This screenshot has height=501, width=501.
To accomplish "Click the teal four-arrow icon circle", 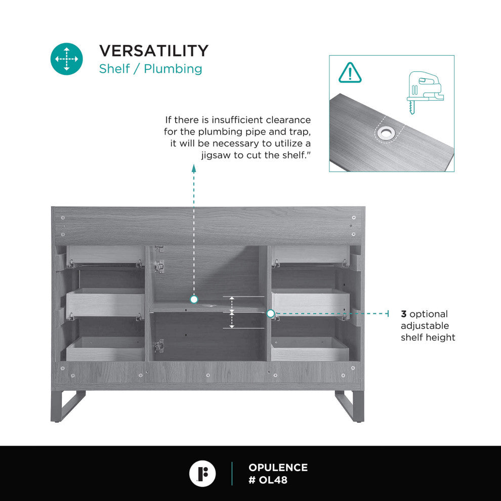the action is click(66, 59).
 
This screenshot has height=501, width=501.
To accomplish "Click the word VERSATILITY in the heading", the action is click(154, 51).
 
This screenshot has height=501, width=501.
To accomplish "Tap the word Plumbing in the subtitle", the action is click(173, 69).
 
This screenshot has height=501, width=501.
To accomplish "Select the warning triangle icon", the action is click(350, 73).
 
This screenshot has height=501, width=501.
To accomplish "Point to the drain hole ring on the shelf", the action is click(386, 133).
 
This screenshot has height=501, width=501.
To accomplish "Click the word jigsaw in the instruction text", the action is click(216, 155).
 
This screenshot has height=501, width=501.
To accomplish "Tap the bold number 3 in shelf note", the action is click(403, 314).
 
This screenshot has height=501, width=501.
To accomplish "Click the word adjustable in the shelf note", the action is click(425, 326).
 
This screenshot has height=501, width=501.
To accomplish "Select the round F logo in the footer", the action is click(202, 474).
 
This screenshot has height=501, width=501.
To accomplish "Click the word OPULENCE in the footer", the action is click(278, 468).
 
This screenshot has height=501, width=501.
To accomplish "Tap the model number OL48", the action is click(273, 480).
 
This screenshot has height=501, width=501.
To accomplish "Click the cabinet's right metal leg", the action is click(350, 406).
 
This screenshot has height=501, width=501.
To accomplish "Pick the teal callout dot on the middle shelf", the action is click(194, 300).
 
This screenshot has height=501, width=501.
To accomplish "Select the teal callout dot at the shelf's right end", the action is click(271, 314).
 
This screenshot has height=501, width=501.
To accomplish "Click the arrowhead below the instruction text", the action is click(194, 168).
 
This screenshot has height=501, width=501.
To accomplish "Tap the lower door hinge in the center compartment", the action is click(159, 346).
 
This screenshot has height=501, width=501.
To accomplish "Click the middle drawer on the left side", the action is click(105, 303).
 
